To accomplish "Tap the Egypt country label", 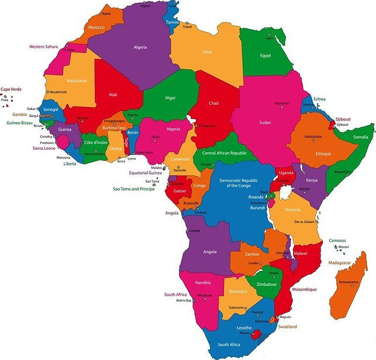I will (269, 56).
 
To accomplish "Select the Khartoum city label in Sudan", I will (282, 103).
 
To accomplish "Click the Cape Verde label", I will (12, 89).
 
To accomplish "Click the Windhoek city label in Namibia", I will (205, 295).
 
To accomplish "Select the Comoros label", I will (337, 240).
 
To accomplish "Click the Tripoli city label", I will (188, 26).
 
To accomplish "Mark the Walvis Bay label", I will (184, 300).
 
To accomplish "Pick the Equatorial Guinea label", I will (146, 173).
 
